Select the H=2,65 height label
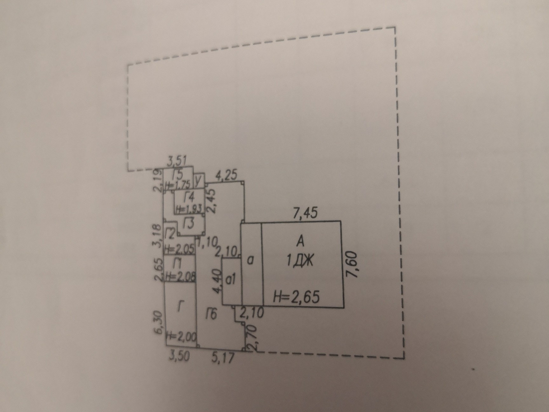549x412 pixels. (296, 297)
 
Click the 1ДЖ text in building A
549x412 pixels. (300, 261)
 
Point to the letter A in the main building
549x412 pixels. (300, 241)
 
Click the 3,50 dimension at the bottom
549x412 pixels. (179, 356)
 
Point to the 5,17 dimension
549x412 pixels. (224, 358)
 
